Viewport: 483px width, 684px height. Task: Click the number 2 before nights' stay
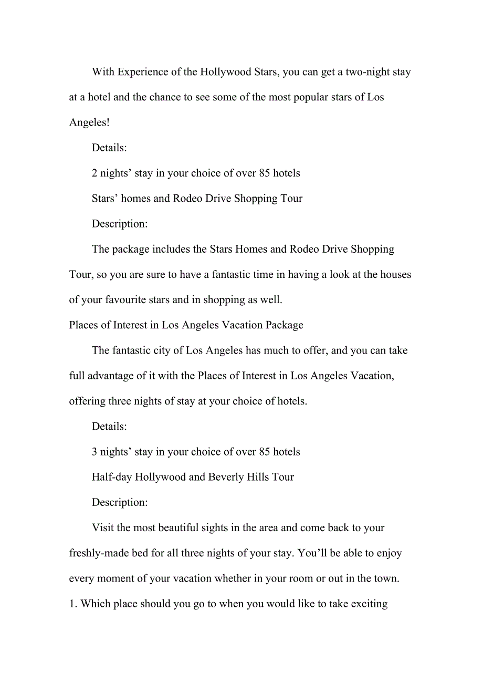pyautogui.click(x=94, y=173)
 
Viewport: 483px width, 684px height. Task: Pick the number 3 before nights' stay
pyautogui.click(x=94, y=452)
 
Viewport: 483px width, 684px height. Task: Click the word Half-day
pyautogui.click(x=112, y=477)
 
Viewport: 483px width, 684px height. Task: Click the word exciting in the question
pyautogui.click(x=369, y=604)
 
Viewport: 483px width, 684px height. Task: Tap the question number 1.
pyautogui.click(x=72, y=604)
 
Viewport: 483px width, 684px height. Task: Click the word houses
pyautogui.click(x=394, y=274)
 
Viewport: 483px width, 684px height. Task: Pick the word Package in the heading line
pyautogui.click(x=284, y=325)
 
